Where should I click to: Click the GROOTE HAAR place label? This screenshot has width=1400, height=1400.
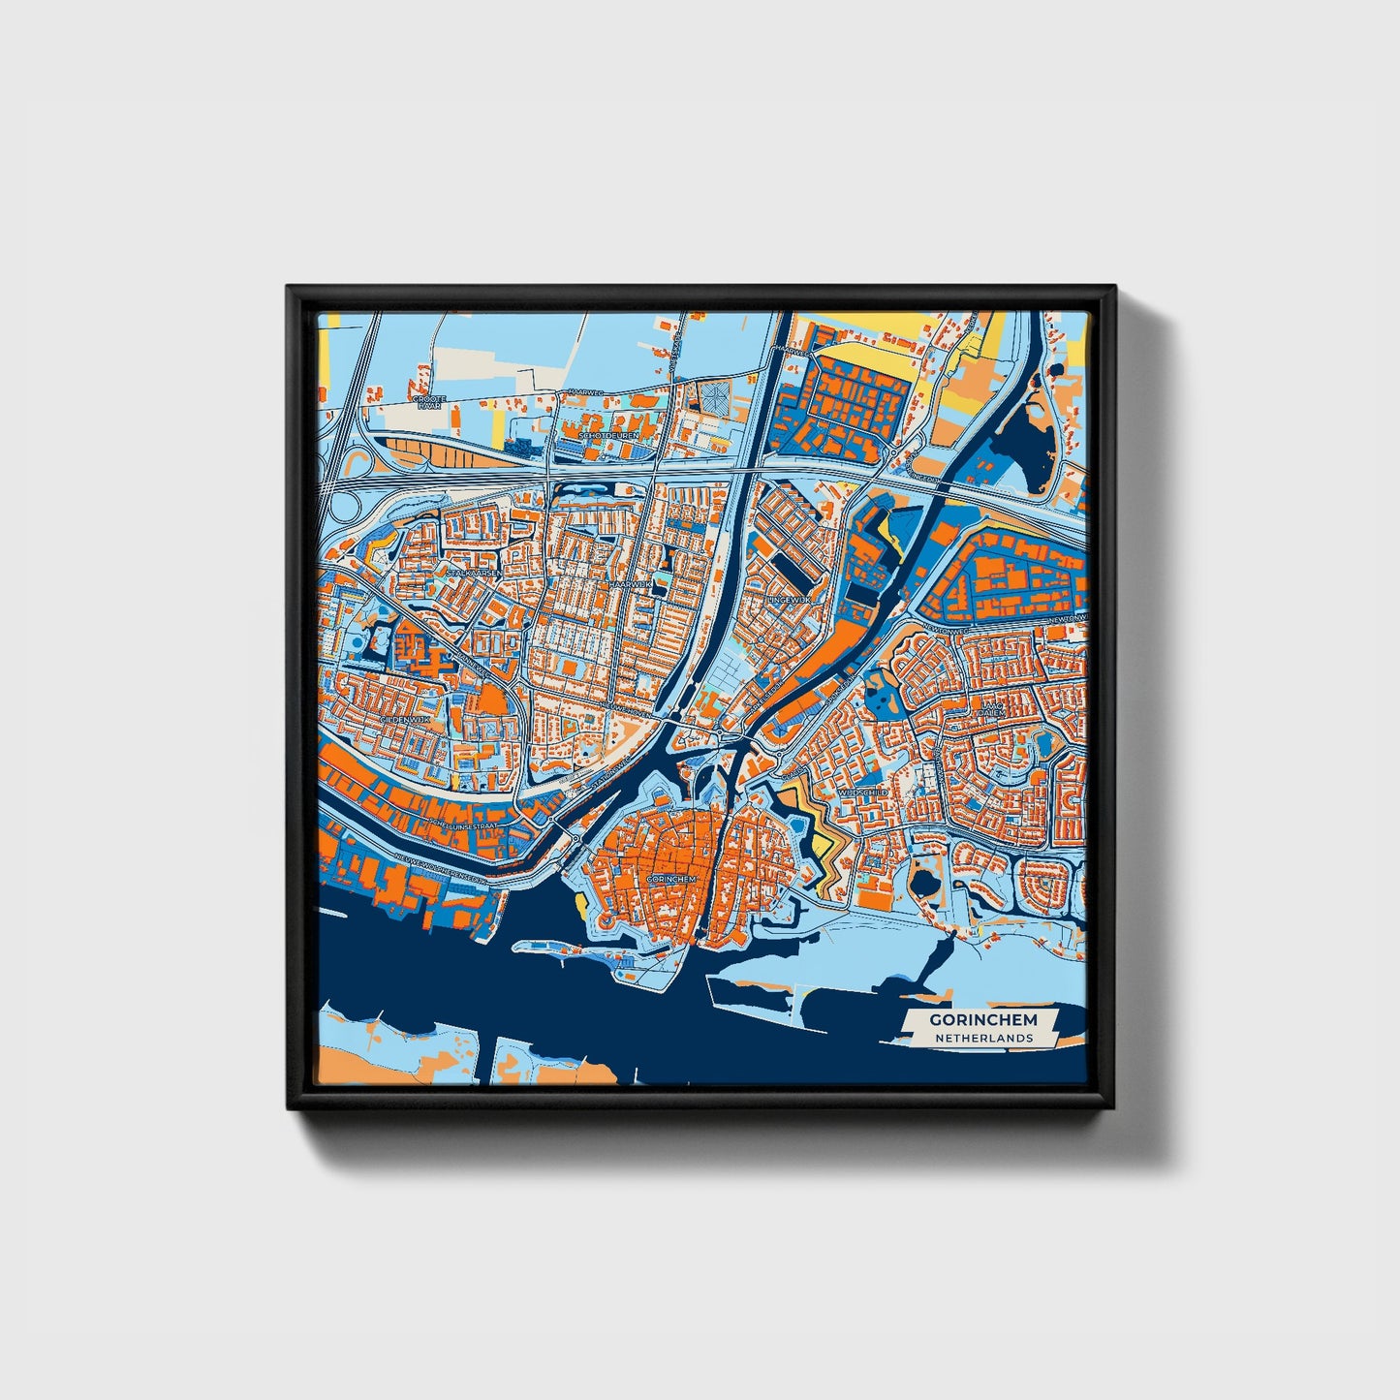click(426, 402)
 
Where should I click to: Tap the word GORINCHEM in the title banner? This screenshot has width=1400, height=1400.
click(982, 1019)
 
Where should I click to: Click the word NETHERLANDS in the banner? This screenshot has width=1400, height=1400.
click(982, 1038)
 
